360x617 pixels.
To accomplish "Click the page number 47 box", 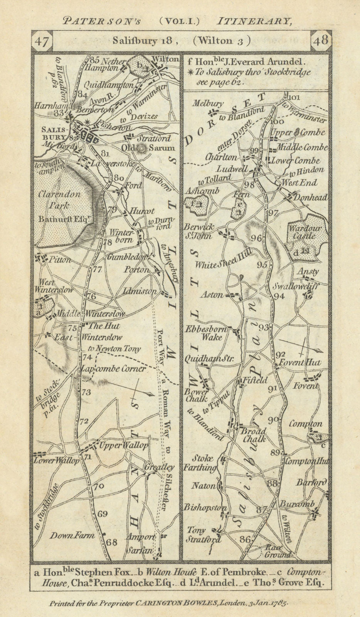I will tap(41, 41).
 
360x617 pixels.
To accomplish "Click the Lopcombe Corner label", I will tap(113, 369).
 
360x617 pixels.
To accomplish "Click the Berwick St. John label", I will tap(203, 232).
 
